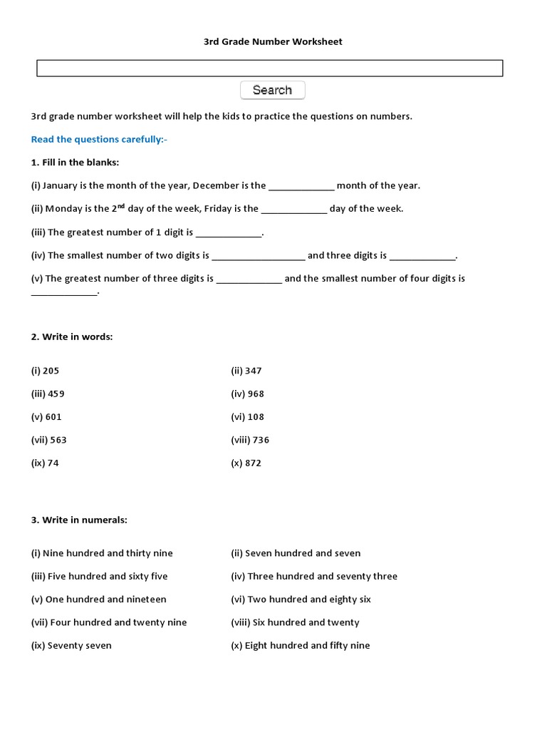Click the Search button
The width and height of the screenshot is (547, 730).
pyautogui.click(x=273, y=91)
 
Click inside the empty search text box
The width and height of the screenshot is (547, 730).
pyautogui.click(x=269, y=68)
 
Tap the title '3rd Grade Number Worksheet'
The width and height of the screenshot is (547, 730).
pyautogui.click(x=273, y=42)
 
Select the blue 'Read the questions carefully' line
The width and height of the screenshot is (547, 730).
pyautogui.click(x=99, y=139)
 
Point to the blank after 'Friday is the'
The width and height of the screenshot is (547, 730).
pyautogui.click(x=294, y=210)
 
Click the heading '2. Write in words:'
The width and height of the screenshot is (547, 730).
pyautogui.click(x=71, y=336)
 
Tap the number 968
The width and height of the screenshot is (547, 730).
pyautogui.click(x=255, y=394)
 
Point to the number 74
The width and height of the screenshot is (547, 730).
pyautogui.click(x=53, y=463)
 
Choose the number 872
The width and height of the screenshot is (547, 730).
pyautogui.click(x=253, y=463)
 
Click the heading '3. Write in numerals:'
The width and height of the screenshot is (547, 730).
pyautogui.click(x=79, y=520)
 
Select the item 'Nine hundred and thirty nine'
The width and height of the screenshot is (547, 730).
pyautogui.click(x=108, y=553)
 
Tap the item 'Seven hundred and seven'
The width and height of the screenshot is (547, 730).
pyautogui.click(x=303, y=553)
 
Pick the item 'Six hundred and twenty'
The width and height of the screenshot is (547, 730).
pyautogui.click(x=306, y=622)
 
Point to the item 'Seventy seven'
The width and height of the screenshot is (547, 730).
pyautogui.click(x=79, y=646)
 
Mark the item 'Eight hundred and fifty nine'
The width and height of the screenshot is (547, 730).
pyautogui.click(x=307, y=646)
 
